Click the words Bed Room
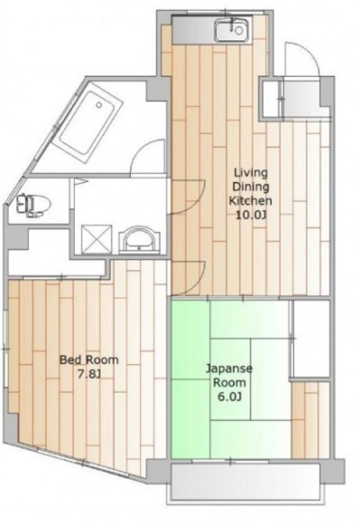(88, 360)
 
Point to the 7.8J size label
(88, 375)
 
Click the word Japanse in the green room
(228, 369)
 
